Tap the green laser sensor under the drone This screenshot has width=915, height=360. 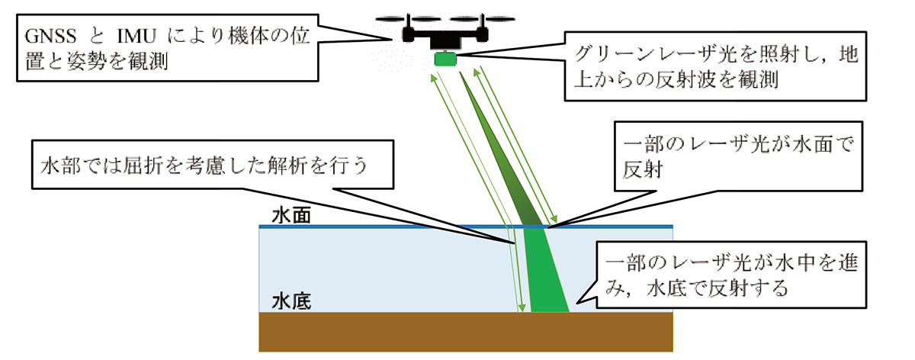(444, 59)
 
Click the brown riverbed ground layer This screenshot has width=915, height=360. (465, 333)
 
